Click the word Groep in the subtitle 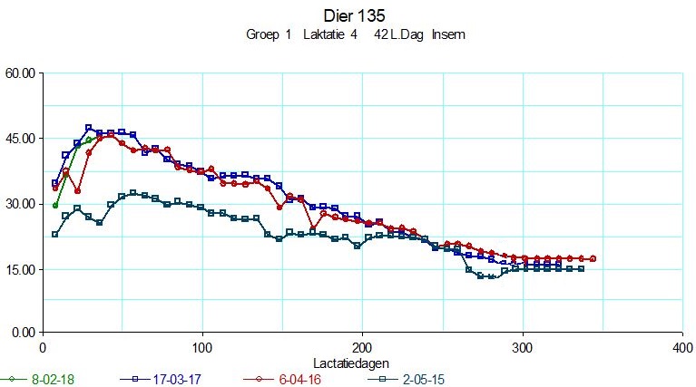263,35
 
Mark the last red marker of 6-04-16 593,259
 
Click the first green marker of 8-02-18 55,206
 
